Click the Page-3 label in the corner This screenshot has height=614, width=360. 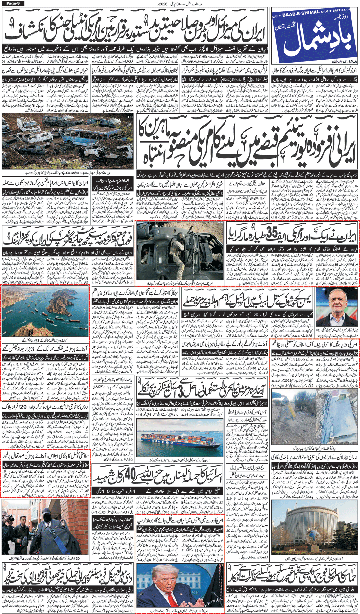12,3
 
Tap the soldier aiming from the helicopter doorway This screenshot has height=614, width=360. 176,244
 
